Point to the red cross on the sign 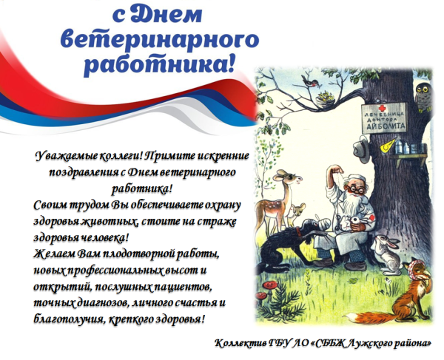(x=368, y=115)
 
